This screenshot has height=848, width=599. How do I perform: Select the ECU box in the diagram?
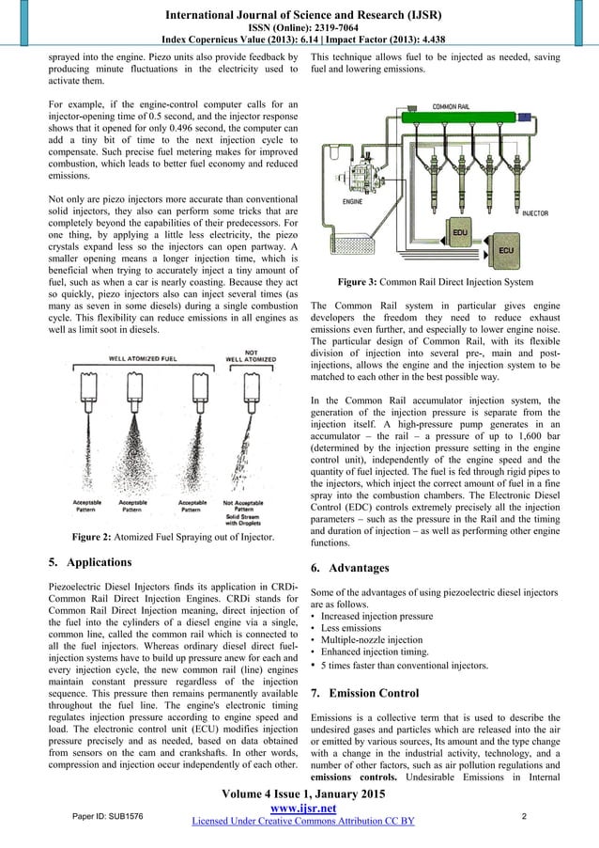point(505,250)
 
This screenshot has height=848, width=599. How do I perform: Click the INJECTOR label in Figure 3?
point(535,213)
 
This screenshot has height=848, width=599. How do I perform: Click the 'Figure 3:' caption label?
point(367,282)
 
